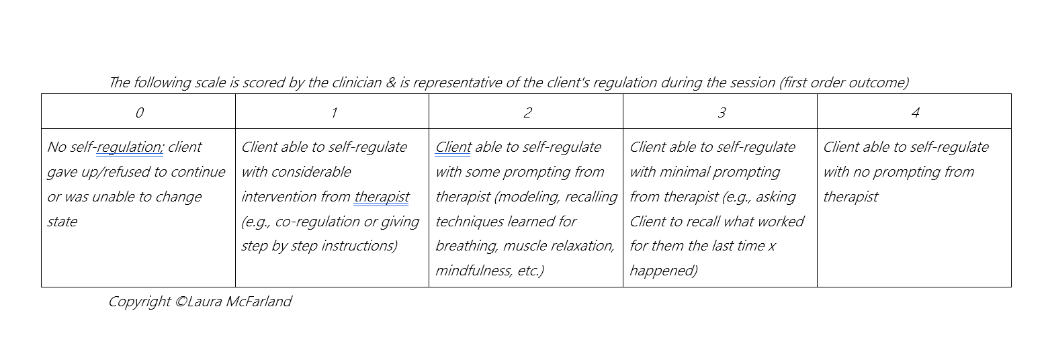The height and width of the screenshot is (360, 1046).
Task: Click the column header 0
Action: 139,112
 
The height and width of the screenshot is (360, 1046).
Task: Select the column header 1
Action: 333,112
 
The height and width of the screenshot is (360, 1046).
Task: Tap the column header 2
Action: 527,112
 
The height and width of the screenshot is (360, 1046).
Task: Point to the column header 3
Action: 721,112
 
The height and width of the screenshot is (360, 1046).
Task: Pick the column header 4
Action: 915,112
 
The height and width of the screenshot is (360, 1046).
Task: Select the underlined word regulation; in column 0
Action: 130,147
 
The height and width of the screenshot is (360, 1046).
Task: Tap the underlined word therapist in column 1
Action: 382,197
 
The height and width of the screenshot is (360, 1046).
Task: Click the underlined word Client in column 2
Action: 453,147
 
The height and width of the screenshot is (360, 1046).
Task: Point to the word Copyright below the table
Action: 139,302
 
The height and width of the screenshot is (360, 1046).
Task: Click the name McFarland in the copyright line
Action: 258,302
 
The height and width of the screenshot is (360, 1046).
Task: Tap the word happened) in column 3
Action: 663,271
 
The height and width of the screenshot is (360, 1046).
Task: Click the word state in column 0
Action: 62,222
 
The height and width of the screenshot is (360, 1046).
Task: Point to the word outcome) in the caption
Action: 877,83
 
